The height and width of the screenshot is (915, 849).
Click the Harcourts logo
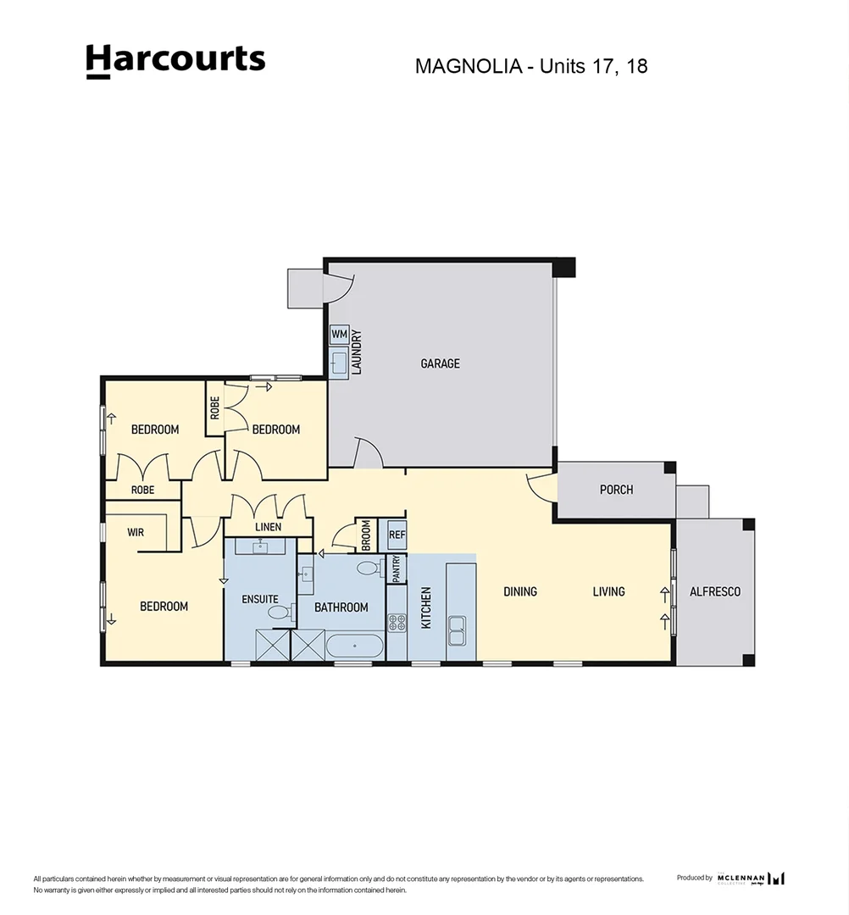coord(175,61)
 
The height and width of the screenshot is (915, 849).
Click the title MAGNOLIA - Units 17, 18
coord(531,66)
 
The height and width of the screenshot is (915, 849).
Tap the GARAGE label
coord(441,363)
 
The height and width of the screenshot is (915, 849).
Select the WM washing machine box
coord(339,334)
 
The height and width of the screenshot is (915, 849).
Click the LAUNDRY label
coord(357,352)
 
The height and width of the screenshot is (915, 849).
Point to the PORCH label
coord(616,490)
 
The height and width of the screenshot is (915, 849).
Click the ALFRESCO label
coord(715,591)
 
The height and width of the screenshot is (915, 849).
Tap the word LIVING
coord(608,591)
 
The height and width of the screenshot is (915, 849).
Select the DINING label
coord(520,591)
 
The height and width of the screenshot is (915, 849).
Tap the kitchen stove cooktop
coord(397,623)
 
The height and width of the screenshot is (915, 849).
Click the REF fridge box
coord(397,535)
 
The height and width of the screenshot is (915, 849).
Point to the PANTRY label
coord(396,568)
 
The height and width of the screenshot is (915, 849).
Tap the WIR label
coord(136,533)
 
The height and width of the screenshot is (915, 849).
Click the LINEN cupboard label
coord(268,527)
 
